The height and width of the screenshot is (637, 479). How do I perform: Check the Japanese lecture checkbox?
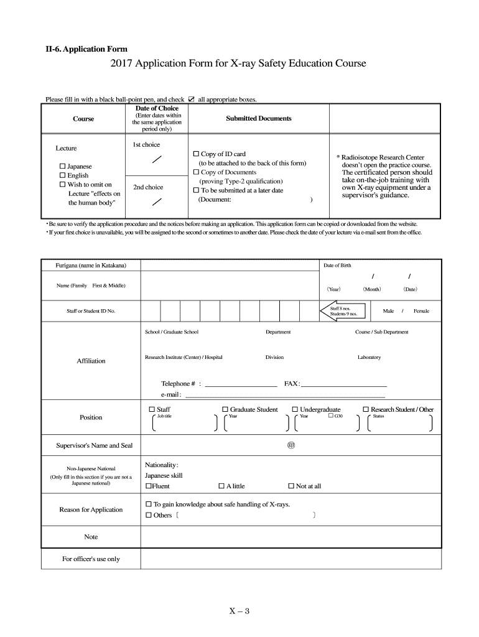[x=62, y=167]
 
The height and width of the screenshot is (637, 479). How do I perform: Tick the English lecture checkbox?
[x=62, y=175]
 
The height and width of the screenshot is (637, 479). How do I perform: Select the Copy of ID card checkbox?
[x=196, y=154]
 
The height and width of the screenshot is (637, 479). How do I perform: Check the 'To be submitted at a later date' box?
[x=196, y=190]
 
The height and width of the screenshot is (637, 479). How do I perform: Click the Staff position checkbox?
[x=152, y=409]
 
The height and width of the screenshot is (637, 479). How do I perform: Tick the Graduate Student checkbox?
[x=225, y=409]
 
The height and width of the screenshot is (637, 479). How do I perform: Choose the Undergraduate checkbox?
[x=295, y=409]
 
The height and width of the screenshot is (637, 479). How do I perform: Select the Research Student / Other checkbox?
[x=366, y=409]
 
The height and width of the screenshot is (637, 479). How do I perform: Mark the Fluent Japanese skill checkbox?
[x=149, y=486]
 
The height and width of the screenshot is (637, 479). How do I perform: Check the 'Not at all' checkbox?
[x=291, y=486]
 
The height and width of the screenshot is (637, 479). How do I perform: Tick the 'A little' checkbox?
[x=221, y=486]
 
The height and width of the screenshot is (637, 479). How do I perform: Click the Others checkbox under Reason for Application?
[x=149, y=515]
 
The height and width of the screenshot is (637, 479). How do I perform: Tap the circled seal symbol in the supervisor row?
[x=291, y=445]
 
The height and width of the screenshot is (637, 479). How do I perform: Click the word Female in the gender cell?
[x=421, y=311]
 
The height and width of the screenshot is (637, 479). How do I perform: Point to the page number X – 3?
[x=239, y=611]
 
